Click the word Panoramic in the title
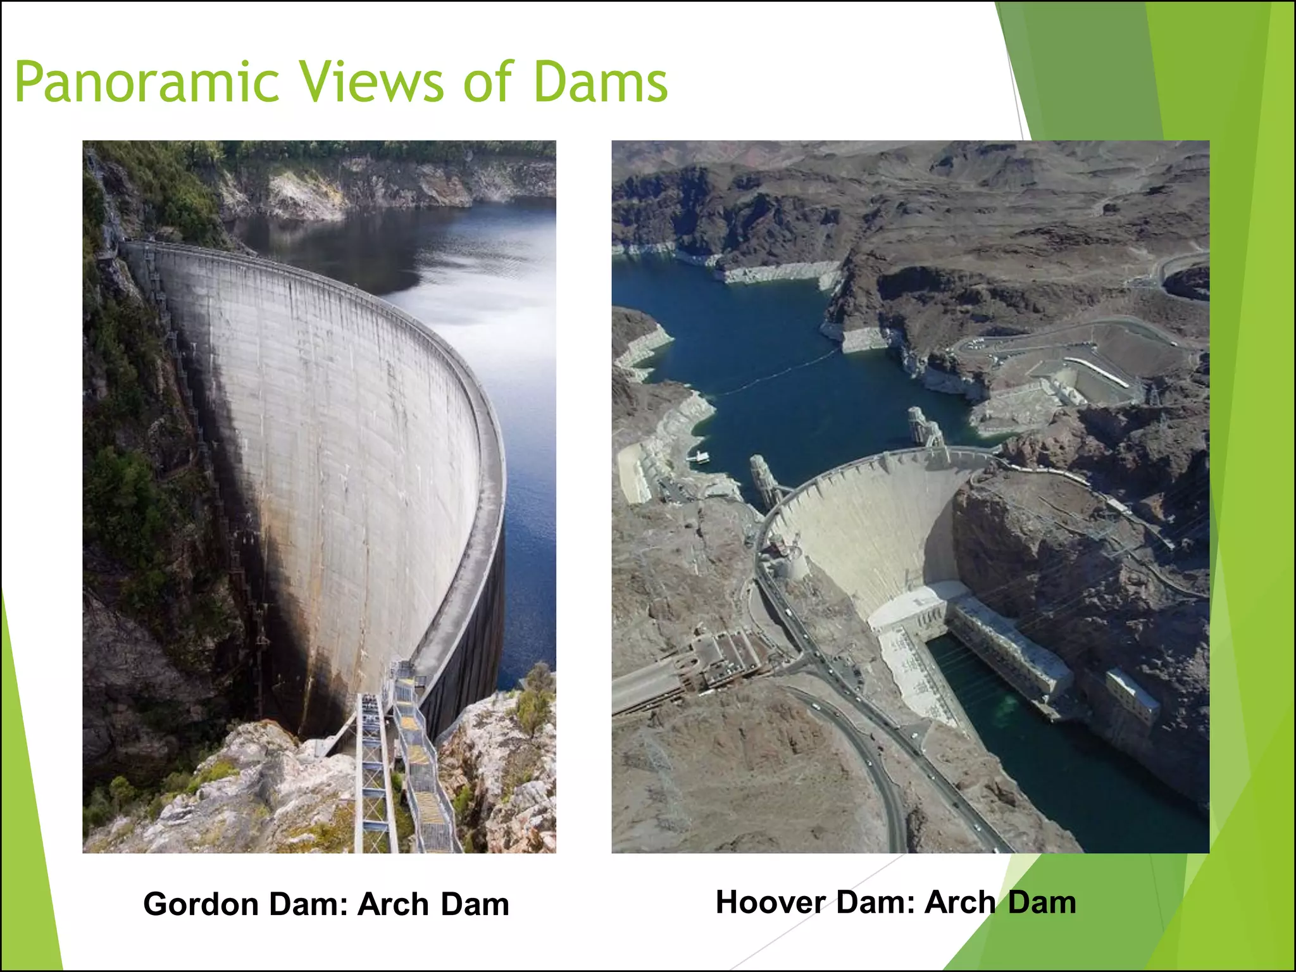click(147, 82)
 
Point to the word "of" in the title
click(487, 82)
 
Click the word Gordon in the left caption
click(201, 904)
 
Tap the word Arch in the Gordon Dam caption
click(393, 904)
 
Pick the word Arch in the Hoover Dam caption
click(959, 902)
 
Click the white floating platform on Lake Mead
click(699, 456)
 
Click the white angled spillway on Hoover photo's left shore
click(633, 471)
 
